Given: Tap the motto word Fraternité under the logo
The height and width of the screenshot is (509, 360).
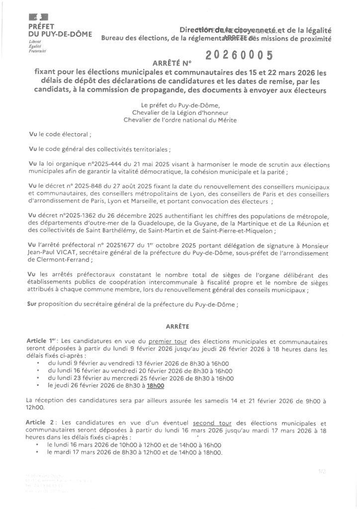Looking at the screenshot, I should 37,51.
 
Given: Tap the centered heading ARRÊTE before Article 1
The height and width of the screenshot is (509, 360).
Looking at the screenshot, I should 179,326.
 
